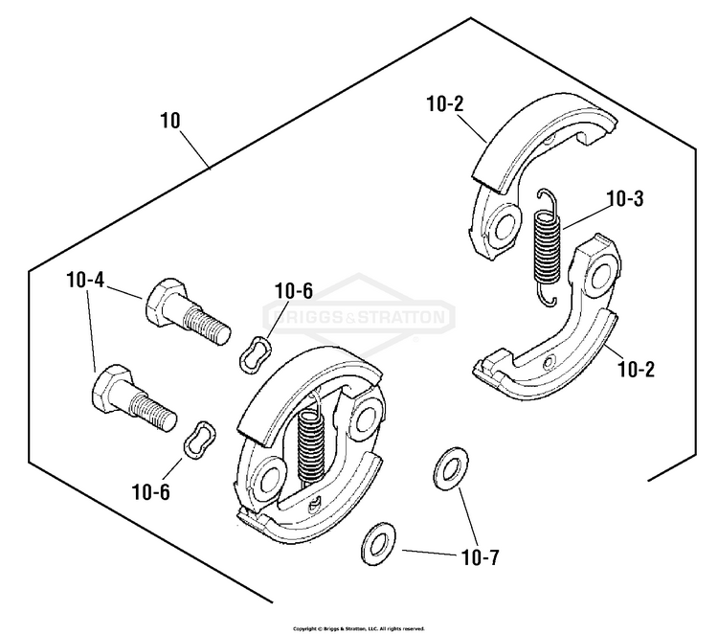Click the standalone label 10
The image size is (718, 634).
pyautogui.click(x=170, y=121)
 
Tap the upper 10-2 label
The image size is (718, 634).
pyautogui.click(x=445, y=104)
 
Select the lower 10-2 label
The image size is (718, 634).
pyautogui.click(x=636, y=370)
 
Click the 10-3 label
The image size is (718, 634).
pyautogui.click(x=624, y=199)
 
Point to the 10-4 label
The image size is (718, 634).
pyautogui.click(x=85, y=280)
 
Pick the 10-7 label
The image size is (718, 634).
pyautogui.click(x=480, y=557)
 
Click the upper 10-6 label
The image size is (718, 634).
pyautogui.click(x=294, y=291)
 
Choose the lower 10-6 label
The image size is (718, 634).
pyautogui.click(x=150, y=491)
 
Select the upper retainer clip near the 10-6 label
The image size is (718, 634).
pyautogui.click(x=256, y=354)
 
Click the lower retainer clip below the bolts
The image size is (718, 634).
pyautogui.click(x=200, y=440)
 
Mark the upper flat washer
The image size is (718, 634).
pyautogui.click(x=451, y=468)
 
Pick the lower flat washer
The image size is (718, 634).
pyautogui.click(x=379, y=544)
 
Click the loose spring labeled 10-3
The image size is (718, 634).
pyautogui.click(x=548, y=247)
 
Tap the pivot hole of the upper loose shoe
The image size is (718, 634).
pyautogui.click(x=505, y=224)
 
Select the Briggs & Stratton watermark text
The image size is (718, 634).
pyautogui.click(x=359, y=317)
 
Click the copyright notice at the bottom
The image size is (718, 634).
pyautogui.click(x=359, y=628)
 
